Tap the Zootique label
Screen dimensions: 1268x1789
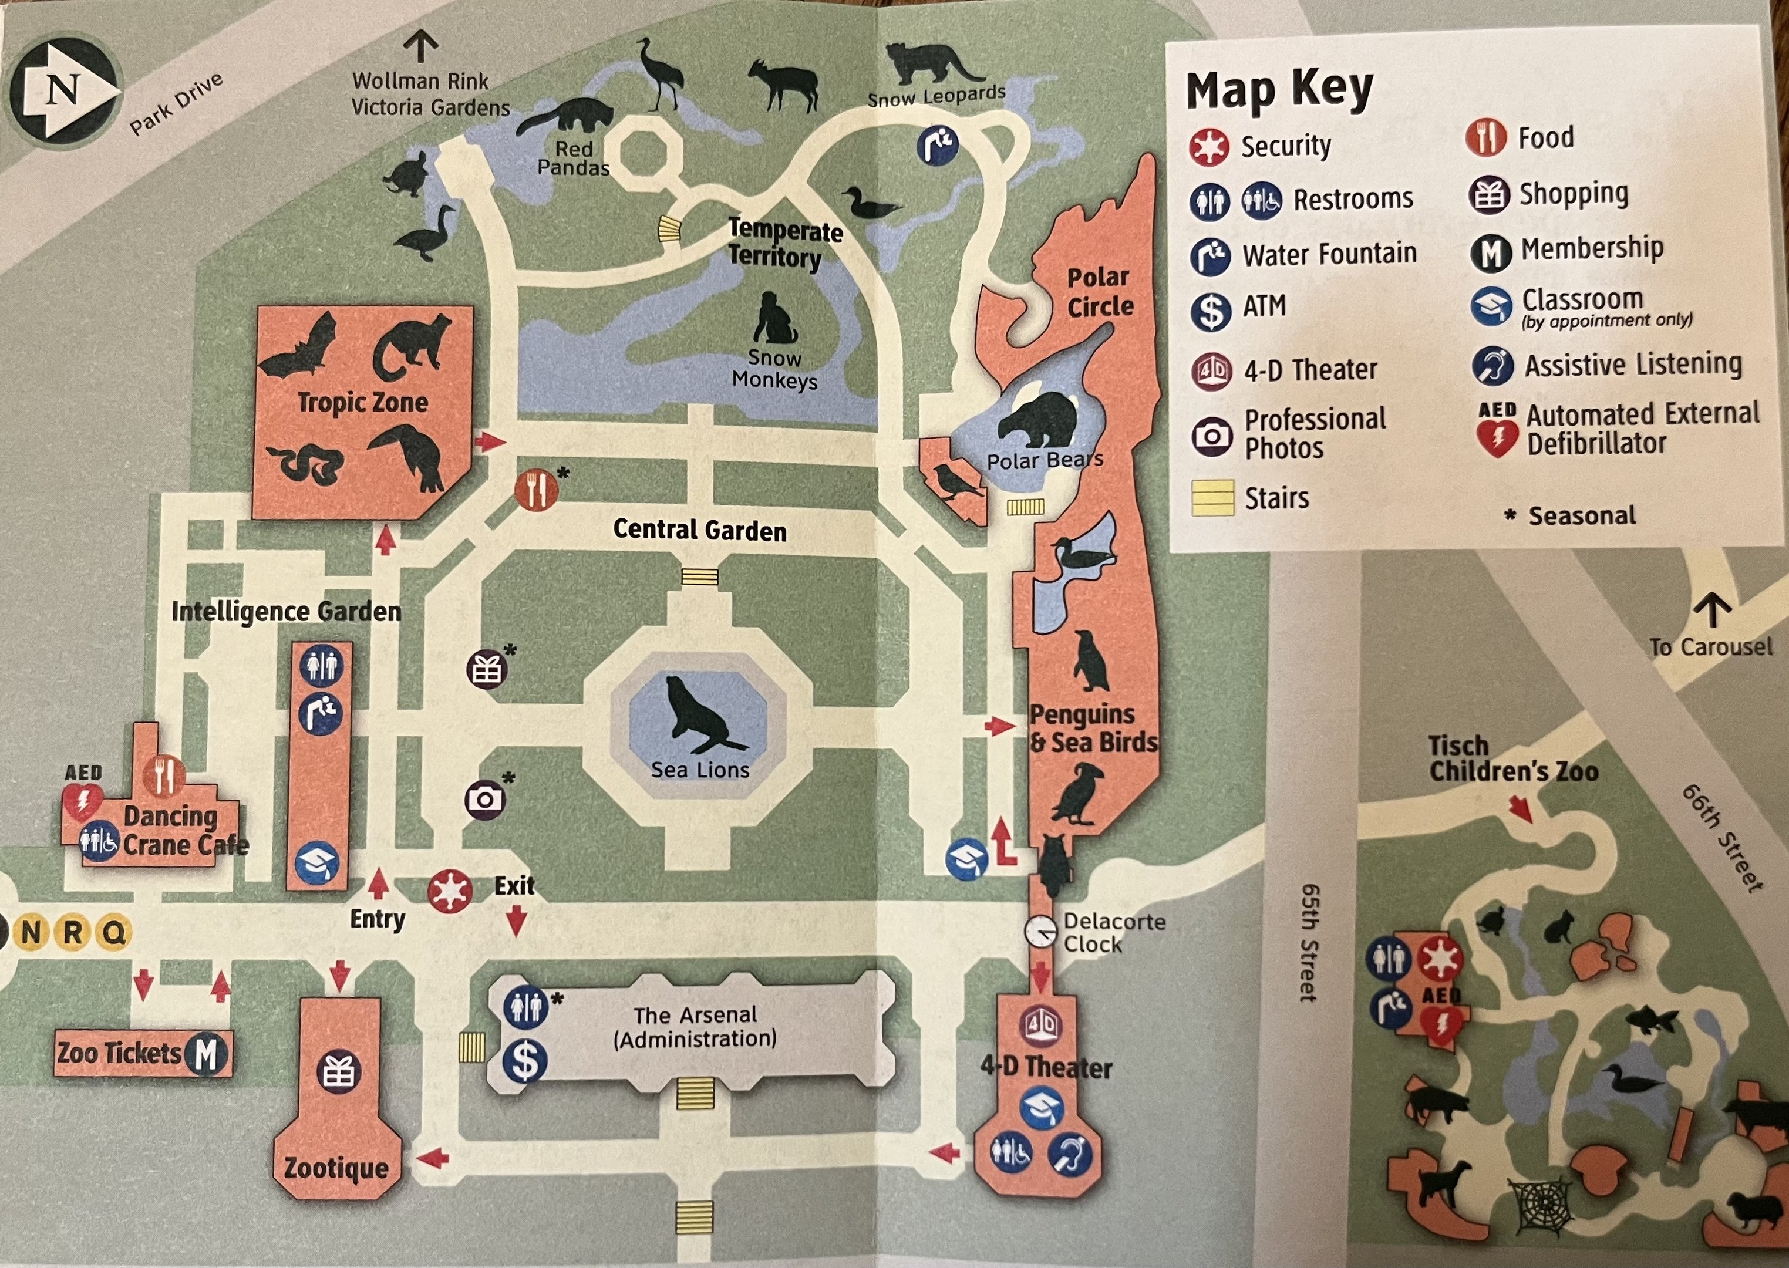pyautogui.click(x=336, y=1168)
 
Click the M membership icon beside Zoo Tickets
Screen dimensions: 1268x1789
pyautogui.click(x=205, y=1054)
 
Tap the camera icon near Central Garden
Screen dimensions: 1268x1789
pyautogui.click(x=485, y=800)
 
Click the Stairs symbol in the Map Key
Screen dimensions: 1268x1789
pyautogui.click(x=1212, y=498)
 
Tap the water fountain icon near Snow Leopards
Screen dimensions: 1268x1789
pyautogui.click(x=938, y=146)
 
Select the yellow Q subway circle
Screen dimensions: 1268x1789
pyautogui.click(x=114, y=933)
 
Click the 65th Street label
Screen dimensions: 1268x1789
pyautogui.click(x=1309, y=943)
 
